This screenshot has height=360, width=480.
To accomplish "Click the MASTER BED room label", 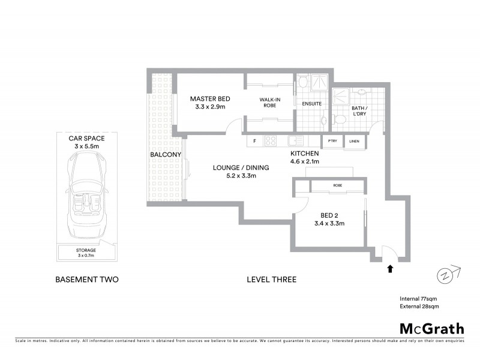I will [210, 98].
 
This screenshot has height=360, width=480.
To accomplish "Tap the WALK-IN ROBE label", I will [271, 103].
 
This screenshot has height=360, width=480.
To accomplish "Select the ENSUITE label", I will [312, 104].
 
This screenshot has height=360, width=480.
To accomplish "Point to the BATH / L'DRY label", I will [360, 111].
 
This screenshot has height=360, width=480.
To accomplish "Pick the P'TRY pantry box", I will [332, 142].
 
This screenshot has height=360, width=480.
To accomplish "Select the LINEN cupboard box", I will [354, 142].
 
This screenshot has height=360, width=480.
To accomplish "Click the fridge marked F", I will [255, 142].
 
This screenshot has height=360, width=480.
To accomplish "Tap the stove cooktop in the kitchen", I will [270, 142].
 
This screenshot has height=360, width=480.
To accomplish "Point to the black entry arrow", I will [391, 269].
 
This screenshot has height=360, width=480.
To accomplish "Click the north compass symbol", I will [446, 274].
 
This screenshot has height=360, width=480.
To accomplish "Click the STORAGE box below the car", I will [86, 253].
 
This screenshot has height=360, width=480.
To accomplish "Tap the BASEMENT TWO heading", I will [86, 280].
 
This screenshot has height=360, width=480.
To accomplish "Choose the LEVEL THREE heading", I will [272, 280].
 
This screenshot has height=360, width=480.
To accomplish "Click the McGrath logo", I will [431, 328].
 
